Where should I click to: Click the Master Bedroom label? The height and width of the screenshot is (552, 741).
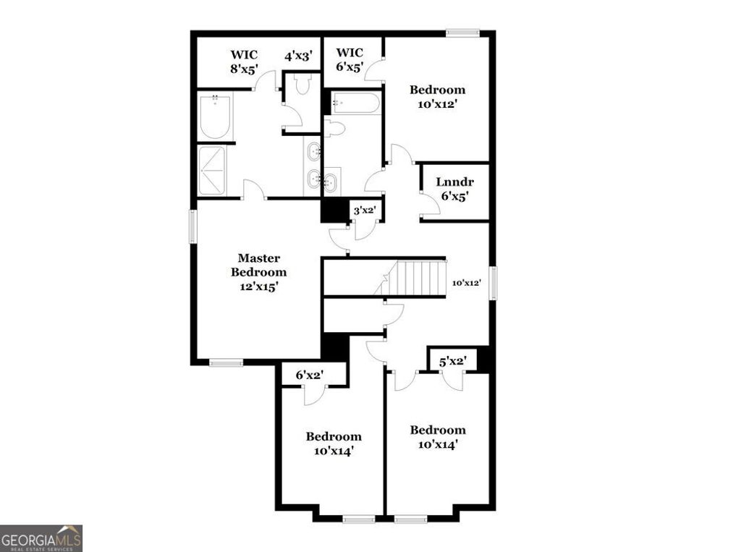(258, 265)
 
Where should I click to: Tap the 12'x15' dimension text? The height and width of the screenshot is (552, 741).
(258, 286)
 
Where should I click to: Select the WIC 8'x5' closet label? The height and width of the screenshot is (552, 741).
(244, 61)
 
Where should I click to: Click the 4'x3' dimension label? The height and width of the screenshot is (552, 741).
(298, 55)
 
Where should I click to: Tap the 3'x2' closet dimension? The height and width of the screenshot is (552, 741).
(363, 211)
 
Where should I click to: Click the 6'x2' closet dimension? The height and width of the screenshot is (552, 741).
(309, 375)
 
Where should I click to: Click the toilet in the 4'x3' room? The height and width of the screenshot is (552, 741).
(303, 85)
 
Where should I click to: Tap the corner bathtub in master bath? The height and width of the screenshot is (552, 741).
(214, 117)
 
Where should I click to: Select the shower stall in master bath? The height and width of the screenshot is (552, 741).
(213, 171)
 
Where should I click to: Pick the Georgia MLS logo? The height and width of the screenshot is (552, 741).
(41, 538)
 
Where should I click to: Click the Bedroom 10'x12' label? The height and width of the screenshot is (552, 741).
(437, 96)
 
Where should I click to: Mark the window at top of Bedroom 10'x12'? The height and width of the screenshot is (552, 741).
(462, 32)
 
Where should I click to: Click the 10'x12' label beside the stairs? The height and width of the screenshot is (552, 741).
(467, 283)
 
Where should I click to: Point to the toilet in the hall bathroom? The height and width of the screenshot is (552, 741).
(334, 129)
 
